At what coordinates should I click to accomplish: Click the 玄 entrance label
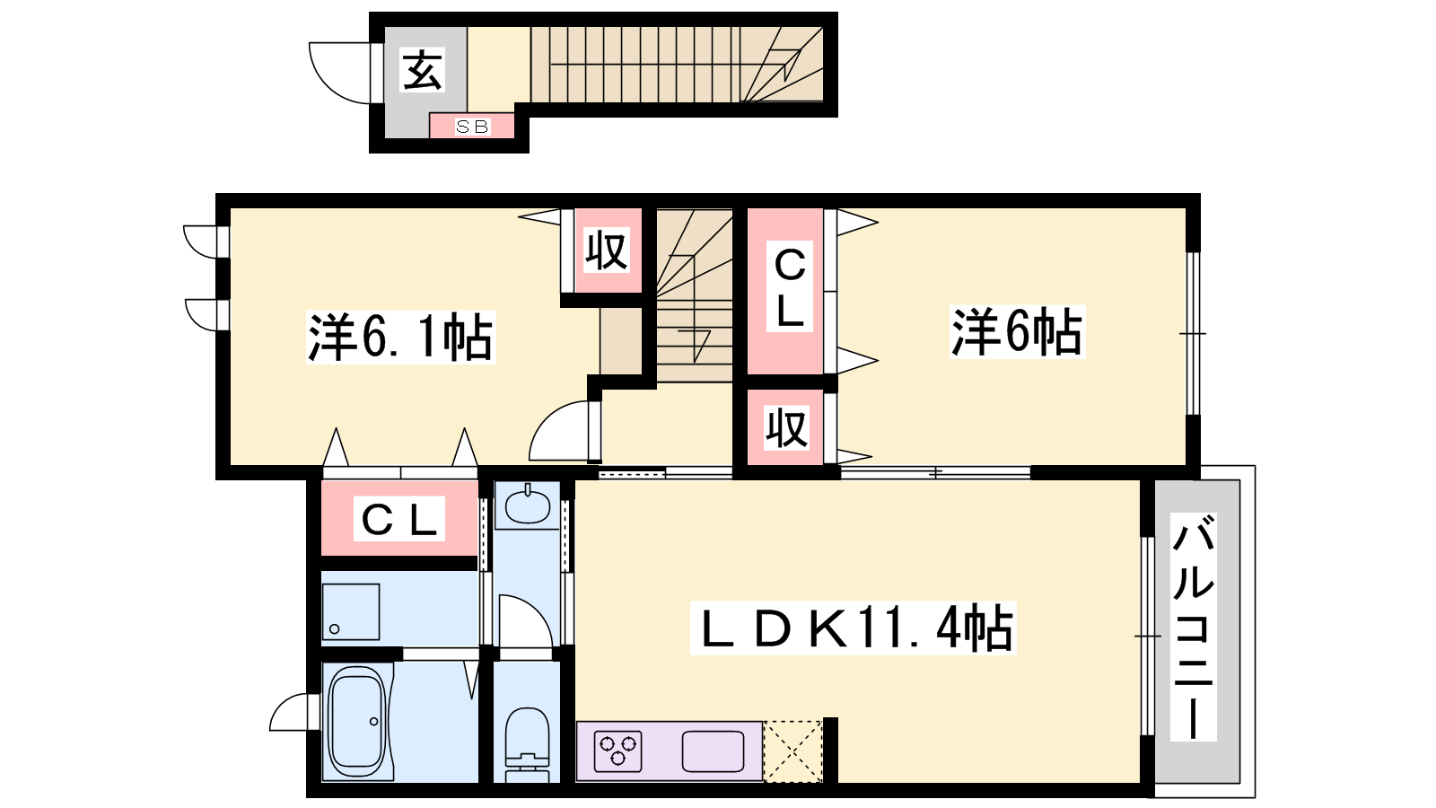pos(423,71)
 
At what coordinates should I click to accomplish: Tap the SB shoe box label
pos(472,127)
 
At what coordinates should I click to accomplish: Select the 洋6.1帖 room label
pos(400,338)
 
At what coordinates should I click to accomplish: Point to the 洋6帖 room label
pos(1017,331)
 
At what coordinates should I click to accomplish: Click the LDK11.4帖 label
pos(854,628)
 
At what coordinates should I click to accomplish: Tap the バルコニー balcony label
pos(1194,627)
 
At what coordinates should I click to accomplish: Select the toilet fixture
pos(528,743)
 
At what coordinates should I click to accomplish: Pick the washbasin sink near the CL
pos(528,505)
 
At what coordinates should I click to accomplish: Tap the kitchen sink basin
pos(713,751)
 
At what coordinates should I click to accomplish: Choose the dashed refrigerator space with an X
pos(792,751)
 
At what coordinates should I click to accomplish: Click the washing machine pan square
pos(351,611)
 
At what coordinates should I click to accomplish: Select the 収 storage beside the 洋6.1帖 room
pos(607,250)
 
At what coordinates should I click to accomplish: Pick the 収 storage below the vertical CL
pos(786,427)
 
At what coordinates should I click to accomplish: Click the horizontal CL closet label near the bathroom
pos(399,518)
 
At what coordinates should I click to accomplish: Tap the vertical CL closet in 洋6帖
pos(786,291)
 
